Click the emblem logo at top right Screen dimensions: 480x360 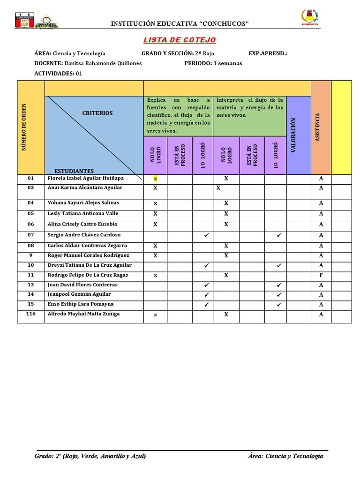(309, 18)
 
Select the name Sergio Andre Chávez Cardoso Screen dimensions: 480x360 (84, 235)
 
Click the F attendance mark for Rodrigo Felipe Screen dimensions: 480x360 (321, 275)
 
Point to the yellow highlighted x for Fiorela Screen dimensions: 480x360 (155, 179)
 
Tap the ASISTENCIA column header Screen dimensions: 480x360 (318, 127)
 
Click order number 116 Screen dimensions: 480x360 (31, 314)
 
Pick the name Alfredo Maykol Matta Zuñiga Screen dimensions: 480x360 (83, 314)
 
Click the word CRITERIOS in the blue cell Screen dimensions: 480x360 (97, 113)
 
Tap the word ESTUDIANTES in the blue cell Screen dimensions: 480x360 (74, 171)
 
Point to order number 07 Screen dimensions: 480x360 (31, 235)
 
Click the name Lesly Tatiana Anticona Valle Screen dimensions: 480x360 (83, 213)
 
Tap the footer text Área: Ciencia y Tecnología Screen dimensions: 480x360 (285, 456)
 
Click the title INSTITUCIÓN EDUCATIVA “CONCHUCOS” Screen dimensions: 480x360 (179, 24)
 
